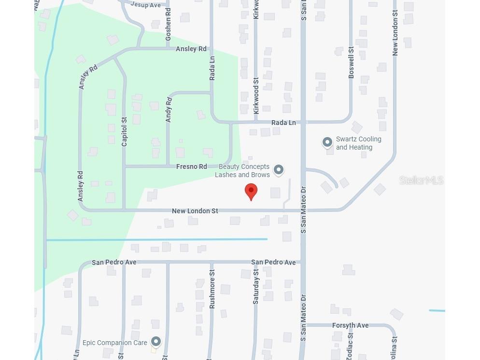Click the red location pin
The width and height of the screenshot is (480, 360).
pyautogui.click(x=251, y=191)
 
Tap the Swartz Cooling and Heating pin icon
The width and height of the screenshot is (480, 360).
pyautogui.click(x=327, y=142)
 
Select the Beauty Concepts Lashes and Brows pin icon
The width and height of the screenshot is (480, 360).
pyautogui.click(x=278, y=169)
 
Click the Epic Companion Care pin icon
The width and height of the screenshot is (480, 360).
pyautogui.click(x=155, y=342)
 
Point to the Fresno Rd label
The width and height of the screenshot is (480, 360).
pyautogui.click(x=191, y=166)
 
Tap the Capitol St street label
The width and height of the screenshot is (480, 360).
pyautogui.click(x=124, y=132)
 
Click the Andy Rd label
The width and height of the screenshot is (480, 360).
pyautogui.click(x=169, y=110)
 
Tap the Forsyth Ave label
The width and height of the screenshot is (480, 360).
pyautogui.click(x=350, y=325)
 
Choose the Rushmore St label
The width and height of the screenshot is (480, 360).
pyautogui.click(x=212, y=289)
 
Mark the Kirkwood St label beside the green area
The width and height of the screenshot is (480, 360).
pyautogui.click(x=256, y=95)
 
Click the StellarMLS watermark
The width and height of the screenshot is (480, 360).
pyautogui.click(x=421, y=180)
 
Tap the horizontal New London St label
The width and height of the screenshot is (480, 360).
pyautogui.click(x=195, y=211)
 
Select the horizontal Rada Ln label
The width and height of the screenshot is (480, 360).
pyautogui.click(x=283, y=123)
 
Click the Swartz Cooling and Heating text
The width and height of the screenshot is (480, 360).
pyautogui.click(x=358, y=143)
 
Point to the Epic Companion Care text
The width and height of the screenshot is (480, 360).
pyautogui.click(x=114, y=343)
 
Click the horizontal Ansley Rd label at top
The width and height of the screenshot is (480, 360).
pyautogui.click(x=191, y=49)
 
